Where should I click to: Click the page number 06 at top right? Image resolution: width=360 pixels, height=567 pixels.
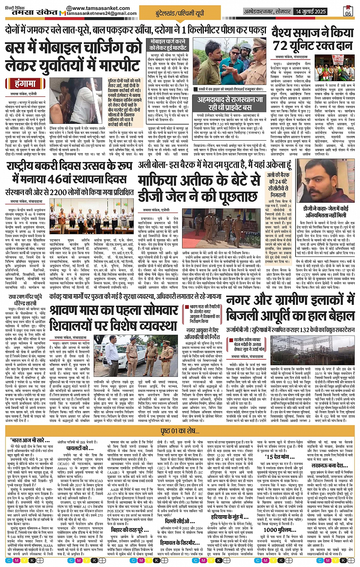click(x=348, y=11)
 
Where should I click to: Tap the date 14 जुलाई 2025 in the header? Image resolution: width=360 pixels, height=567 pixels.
click(x=311, y=11)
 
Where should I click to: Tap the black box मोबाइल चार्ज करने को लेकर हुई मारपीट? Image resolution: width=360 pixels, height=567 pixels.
click(x=168, y=45)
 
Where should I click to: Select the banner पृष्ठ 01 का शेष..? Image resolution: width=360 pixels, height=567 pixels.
click(x=179, y=431)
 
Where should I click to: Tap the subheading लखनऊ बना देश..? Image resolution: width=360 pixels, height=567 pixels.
click(x=324, y=466)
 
